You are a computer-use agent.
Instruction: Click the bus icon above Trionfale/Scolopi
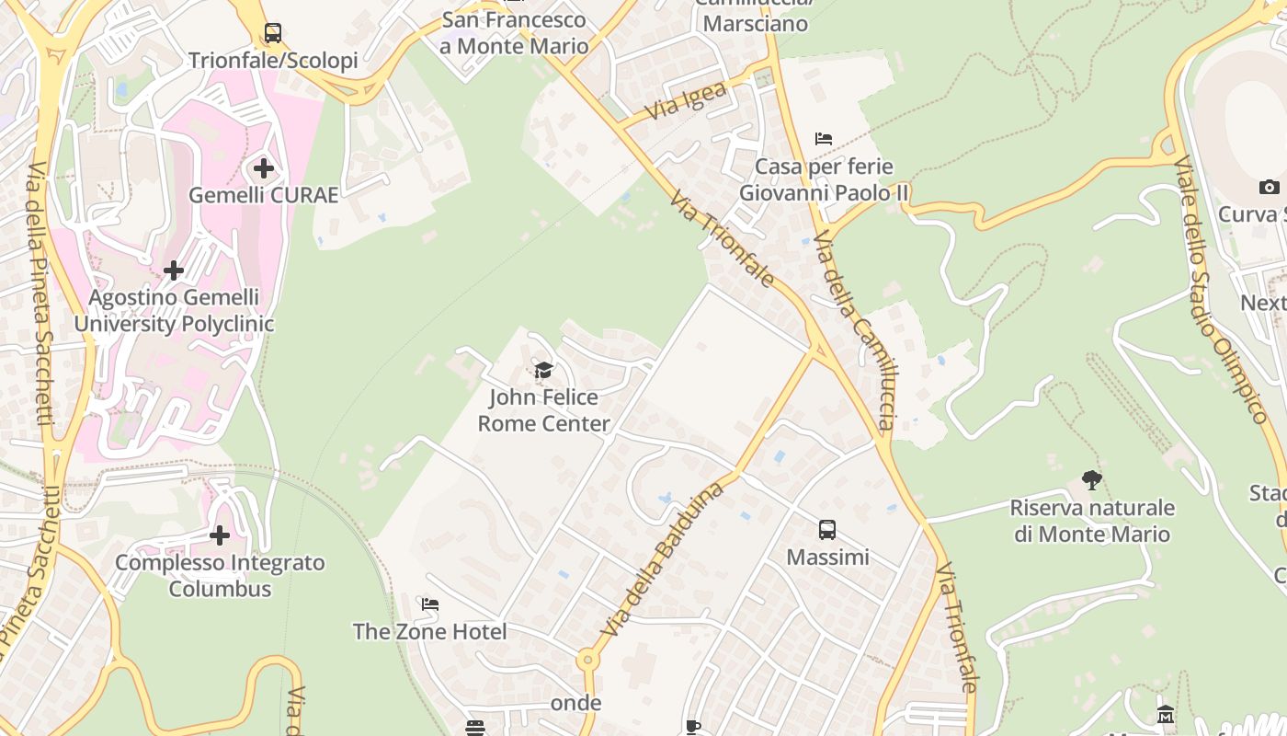[273, 33]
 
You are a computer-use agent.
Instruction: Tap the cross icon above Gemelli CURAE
[264, 168]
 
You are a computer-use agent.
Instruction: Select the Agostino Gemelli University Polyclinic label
[174, 311]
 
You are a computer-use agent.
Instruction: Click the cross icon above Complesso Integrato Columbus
[220, 535]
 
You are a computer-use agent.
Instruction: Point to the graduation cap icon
[543, 371]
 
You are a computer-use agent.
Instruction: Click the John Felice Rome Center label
[543, 410]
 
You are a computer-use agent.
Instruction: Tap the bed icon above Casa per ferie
[824, 139]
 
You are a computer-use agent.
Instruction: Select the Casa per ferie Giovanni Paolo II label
[824, 180]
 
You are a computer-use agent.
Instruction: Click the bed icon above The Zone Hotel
[429, 604]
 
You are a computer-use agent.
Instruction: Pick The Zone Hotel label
[429, 632]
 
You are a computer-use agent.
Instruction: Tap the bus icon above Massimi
[827, 530]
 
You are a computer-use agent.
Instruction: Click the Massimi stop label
[827, 558]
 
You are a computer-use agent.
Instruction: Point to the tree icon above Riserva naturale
[1092, 479]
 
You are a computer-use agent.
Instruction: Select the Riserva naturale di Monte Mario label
[1092, 521]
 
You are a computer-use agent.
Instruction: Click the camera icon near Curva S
[1269, 188]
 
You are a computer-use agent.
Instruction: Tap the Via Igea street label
[686, 100]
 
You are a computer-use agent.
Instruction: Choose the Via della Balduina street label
[663, 558]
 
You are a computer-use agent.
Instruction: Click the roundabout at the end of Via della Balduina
[587, 660]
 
